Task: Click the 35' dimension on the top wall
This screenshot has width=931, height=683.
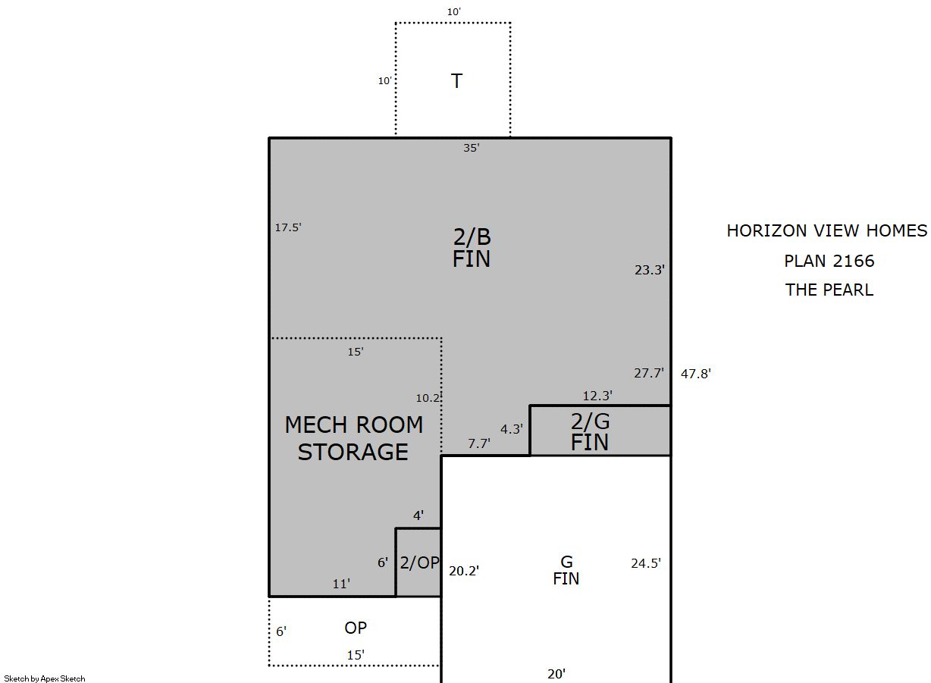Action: (472, 148)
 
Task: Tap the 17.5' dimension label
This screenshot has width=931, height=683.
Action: (288, 227)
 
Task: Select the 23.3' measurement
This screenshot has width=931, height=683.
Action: (650, 270)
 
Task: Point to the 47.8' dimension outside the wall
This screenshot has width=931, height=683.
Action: (696, 374)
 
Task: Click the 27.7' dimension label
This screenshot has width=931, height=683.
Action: (649, 373)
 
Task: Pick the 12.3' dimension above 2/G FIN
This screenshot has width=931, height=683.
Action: (597, 396)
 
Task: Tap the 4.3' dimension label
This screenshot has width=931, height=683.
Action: (512, 429)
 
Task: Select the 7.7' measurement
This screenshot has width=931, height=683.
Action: (479, 443)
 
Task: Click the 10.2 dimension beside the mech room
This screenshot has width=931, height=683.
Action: (428, 398)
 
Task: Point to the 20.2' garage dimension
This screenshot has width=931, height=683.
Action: (464, 571)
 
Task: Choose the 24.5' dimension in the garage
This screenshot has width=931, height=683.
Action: (646, 563)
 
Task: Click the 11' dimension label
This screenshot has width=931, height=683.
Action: (341, 584)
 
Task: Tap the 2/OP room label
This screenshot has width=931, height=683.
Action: (419, 563)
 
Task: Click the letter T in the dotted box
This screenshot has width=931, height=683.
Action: (456, 81)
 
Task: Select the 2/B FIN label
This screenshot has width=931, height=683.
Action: (472, 248)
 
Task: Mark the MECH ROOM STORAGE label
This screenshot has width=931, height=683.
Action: (354, 438)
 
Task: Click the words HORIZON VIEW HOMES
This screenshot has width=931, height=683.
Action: (827, 230)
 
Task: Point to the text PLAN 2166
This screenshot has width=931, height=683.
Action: (829, 261)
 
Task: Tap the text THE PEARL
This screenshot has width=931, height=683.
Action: (829, 290)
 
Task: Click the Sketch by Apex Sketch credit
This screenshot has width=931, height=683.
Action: (45, 679)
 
